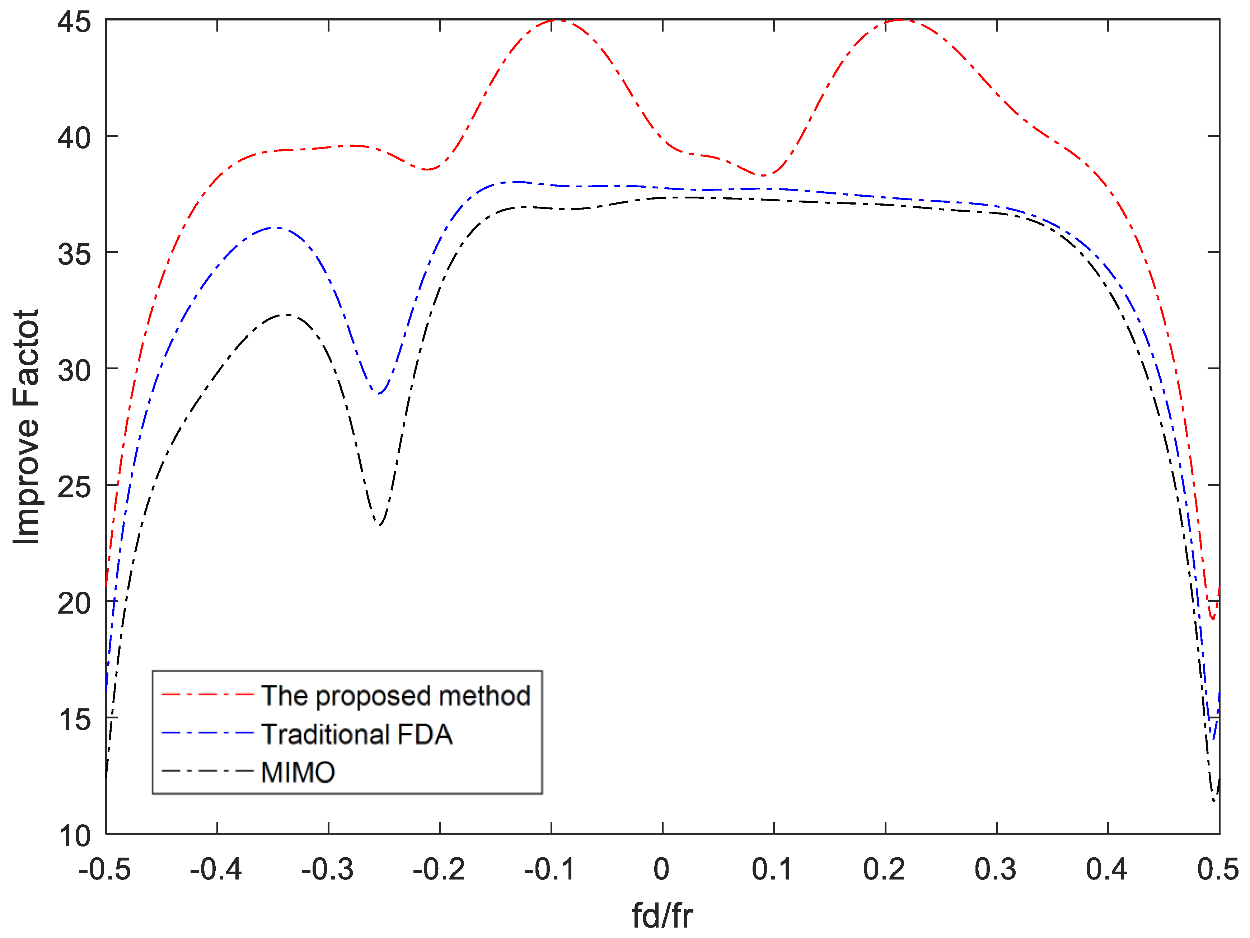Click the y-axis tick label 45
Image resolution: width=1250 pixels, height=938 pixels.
coord(74,23)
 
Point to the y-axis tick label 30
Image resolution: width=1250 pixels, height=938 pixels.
coord(74,371)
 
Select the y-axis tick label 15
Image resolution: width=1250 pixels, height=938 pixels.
coord(74,719)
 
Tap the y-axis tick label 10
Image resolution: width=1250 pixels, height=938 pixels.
coord(74,836)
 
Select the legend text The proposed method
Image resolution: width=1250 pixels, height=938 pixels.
coord(395,695)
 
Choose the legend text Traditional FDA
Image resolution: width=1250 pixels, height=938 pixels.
coord(357,734)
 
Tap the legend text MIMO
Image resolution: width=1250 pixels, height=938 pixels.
coord(298,772)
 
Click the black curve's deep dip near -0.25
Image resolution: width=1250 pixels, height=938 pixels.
coord(380,524)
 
